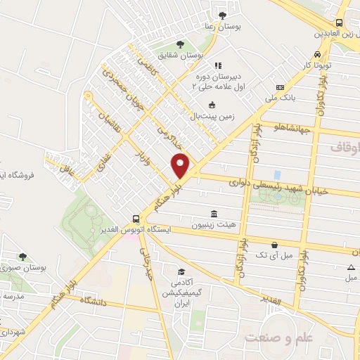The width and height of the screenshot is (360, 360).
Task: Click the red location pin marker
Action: [x=181, y=165]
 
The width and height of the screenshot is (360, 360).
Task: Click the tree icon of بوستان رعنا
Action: [x=223, y=15]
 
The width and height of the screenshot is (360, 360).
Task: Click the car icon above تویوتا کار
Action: [x=318, y=53]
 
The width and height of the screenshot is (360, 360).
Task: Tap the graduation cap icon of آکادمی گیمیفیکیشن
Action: [x=181, y=271]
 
